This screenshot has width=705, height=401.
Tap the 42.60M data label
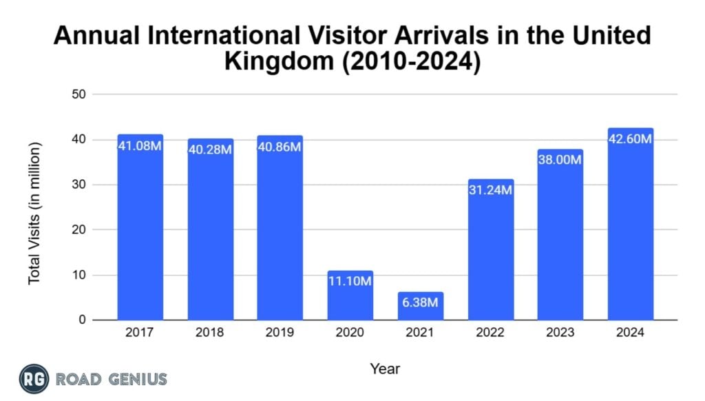(630, 138)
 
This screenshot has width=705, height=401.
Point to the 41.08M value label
(140, 145)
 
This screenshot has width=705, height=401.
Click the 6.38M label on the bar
(420, 302)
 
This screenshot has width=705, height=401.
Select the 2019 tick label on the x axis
(280, 333)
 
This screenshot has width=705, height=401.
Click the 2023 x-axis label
(560, 333)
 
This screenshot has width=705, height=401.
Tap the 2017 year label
(140, 333)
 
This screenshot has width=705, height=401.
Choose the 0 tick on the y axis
(81, 320)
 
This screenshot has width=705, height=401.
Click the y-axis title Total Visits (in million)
(34, 213)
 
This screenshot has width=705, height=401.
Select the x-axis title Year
(384, 369)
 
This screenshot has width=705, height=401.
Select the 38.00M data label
(560, 160)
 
